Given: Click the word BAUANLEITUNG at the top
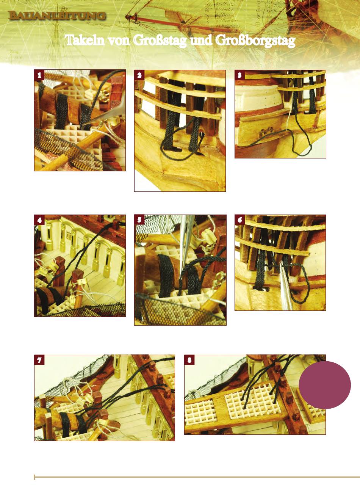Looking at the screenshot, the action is [57, 16].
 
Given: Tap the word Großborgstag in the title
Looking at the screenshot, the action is [255, 41].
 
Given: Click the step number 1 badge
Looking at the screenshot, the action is [39, 75].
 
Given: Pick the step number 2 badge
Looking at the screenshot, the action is [139, 75].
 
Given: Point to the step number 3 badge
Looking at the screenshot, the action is [239, 75].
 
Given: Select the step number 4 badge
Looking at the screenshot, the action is [39, 220].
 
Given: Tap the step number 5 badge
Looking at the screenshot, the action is [139, 220].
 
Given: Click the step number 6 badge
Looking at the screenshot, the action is [239, 220].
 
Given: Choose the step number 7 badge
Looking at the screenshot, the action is [39, 360].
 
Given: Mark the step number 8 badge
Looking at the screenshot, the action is [189, 360].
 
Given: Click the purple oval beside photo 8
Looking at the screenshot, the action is [325, 385].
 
